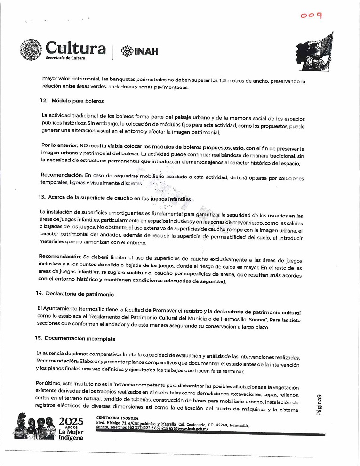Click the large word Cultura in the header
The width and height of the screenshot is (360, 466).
pos(75,48)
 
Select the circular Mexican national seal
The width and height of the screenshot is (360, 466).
pos(31,50)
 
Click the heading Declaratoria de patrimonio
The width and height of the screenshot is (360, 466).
pos(80,294)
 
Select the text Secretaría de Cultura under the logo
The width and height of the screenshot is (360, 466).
pos(69,58)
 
